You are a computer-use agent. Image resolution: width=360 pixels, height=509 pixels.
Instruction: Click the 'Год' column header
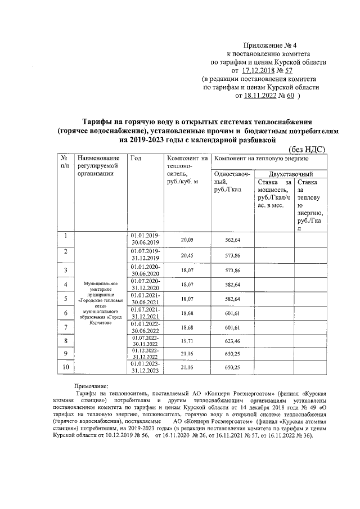pyautogui.click(x=136, y=159)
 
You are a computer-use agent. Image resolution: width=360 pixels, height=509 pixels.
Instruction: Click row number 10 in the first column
pyautogui.click(x=66, y=367)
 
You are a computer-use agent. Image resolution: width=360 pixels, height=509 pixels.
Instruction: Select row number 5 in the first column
pyautogui.click(x=66, y=298)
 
